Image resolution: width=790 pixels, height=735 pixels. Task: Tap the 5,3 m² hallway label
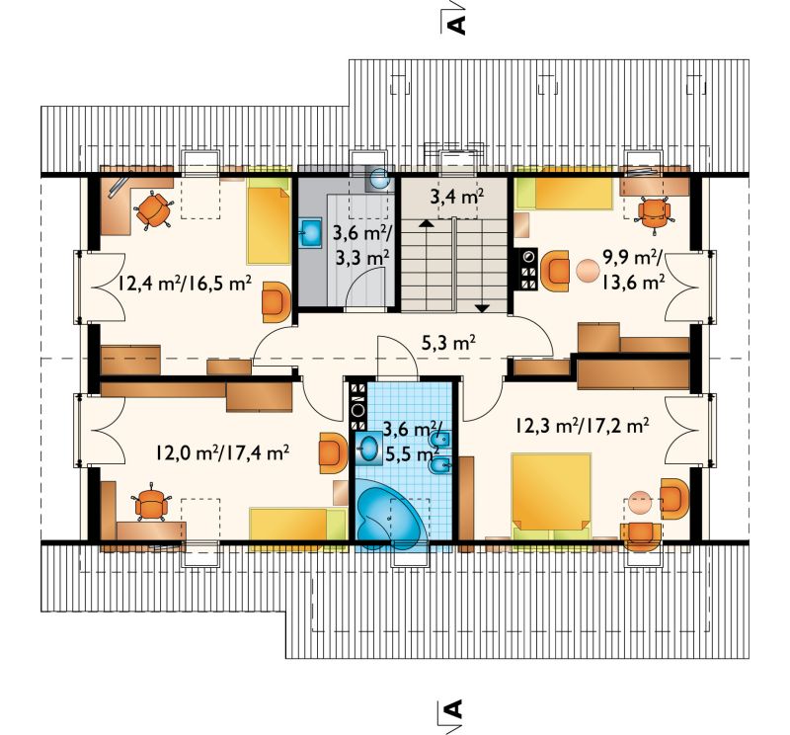pyautogui.click(x=448, y=345)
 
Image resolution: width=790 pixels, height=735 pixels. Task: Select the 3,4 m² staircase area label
pyautogui.click(x=457, y=197)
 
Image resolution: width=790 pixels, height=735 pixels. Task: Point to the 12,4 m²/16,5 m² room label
pyautogui.click(x=185, y=284)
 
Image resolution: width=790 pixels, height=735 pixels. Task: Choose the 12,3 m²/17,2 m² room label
pyautogui.click(x=581, y=427)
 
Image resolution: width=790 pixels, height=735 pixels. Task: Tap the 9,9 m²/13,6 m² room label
pyautogui.click(x=633, y=271)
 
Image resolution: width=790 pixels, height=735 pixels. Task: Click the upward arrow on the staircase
pyautogui.click(x=427, y=224)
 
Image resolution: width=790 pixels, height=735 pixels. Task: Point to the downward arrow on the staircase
pyautogui.click(x=482, y=307)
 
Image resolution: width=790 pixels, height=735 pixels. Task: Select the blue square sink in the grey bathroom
pyautogui.click(x=311, y=232)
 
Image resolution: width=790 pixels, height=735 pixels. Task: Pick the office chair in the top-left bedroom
pyautogui.click(x=153, y=210)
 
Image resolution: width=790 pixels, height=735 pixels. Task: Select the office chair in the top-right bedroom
pyautogui.click(x=654, y=214)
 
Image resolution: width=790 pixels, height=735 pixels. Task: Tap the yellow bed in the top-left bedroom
pyautogui.click(x=268, y=226)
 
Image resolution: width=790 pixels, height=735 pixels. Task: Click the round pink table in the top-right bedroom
pyautogui.click(x=587, y=271)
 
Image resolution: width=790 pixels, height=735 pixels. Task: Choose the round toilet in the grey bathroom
pyautogui.click(x=378, y=178)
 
